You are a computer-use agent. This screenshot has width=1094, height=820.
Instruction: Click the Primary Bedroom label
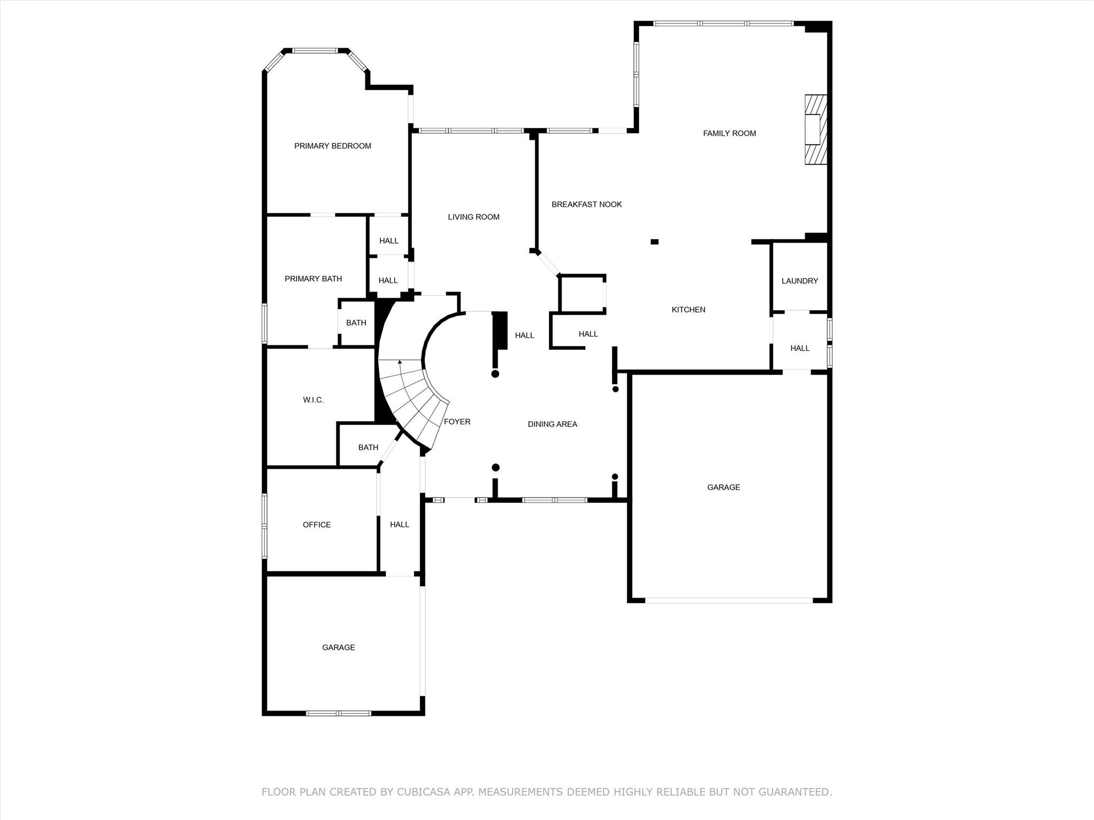point(332,146)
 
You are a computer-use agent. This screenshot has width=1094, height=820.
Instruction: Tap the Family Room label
point(729,133)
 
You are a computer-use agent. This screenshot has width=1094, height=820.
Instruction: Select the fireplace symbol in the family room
point(816,130)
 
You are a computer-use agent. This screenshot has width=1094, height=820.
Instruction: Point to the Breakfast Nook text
point(587,204)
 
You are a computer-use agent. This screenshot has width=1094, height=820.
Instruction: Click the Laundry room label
point(799,281)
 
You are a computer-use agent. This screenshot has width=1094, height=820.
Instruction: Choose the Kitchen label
point(688,310)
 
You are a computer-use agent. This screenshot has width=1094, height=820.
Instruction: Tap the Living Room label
point(473,217)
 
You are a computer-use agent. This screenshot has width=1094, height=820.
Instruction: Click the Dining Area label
point(552,424)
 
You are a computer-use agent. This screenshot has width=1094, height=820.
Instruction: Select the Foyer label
point(457,422)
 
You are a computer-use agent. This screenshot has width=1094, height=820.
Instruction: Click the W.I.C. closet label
point(313,400)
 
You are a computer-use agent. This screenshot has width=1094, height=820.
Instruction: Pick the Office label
point(316,525)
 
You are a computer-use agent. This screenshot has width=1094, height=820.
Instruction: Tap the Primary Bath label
point(313,279)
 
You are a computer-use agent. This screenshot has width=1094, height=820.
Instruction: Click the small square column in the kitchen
point(654,242)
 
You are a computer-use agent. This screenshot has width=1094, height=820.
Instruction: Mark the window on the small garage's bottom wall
point(338,713)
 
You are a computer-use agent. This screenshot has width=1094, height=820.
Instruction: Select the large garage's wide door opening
point(729,601)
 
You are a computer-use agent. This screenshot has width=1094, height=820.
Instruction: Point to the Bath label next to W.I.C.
point(368,447)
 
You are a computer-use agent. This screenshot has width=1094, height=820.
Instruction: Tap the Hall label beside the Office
point(399,525)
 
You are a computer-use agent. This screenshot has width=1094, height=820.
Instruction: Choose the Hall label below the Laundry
point(799,348)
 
